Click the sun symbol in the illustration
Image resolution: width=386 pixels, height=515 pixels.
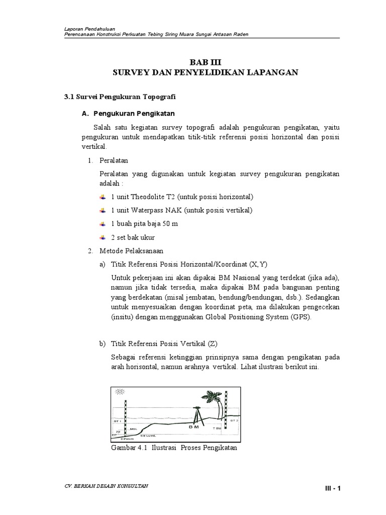120,392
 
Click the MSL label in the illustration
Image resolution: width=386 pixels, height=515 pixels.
134,429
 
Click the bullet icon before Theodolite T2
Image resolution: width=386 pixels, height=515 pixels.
103,197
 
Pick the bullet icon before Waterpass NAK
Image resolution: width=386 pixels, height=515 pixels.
103,210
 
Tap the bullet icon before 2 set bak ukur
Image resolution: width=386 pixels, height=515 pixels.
103,237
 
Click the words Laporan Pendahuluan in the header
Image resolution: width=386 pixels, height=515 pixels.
88,29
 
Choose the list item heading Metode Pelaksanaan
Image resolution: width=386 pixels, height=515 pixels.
132,250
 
